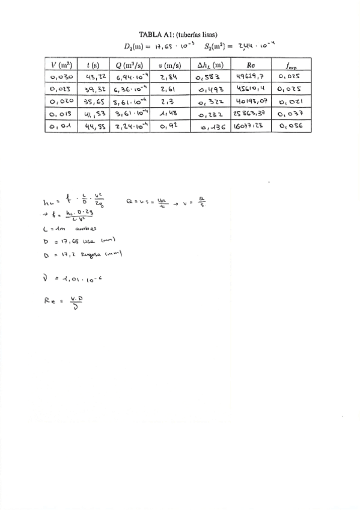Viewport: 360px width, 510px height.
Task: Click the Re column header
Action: pos(251,65)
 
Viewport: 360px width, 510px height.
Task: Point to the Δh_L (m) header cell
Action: pos(210,65)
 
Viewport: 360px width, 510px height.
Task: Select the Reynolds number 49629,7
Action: pos(251,77)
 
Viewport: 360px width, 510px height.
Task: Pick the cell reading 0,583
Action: pos(209,77)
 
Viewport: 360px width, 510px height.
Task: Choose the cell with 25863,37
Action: pos(251,114)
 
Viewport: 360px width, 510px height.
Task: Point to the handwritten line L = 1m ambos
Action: pos(67,229)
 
